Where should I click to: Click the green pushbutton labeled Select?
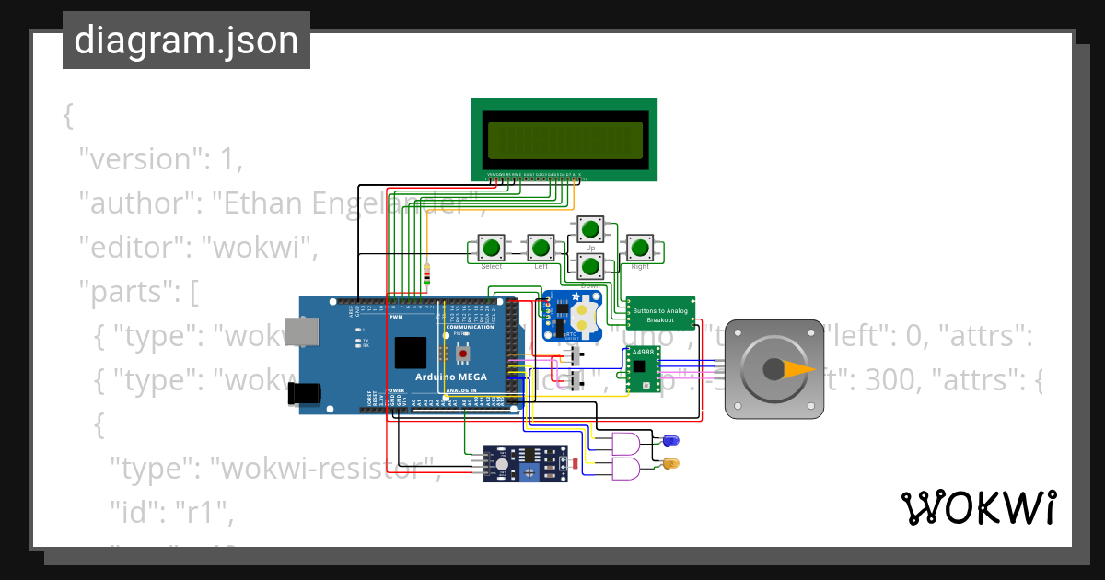492,248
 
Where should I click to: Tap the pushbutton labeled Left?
541,248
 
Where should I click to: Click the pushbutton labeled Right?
639,248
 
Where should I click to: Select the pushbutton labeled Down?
590,268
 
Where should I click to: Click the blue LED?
669,442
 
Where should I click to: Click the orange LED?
670,463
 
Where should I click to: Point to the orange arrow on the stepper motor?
798,369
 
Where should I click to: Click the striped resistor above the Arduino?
425,274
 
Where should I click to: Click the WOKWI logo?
978,507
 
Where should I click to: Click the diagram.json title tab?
186,41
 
